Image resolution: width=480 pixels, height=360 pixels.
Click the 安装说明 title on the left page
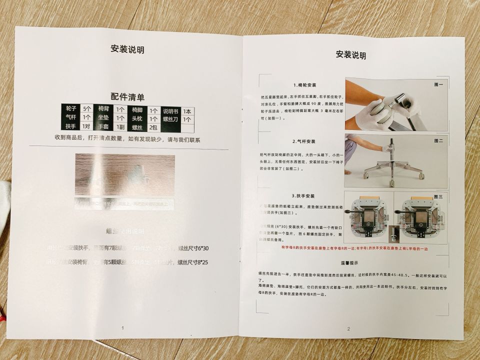tap(127, 49)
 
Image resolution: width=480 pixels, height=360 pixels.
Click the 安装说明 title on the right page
tap(350, 55)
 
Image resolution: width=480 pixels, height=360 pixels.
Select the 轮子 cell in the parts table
tap(71, 109)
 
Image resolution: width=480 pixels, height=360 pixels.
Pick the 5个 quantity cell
tap(87, 109)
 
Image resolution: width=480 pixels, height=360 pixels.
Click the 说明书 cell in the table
tap(170, 111)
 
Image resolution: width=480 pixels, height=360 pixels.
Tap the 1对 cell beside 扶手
tap(86, 126)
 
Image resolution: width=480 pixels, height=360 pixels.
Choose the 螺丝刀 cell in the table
tap(170, 119)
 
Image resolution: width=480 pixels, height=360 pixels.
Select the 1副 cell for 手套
tap(120, 127)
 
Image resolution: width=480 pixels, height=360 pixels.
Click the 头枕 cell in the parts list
tap(137, 119)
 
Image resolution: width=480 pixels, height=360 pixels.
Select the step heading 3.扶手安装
tap(303, 196)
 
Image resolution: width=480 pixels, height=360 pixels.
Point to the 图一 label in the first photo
tap(439, 85)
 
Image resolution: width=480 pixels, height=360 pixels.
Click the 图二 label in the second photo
tap(439, 141)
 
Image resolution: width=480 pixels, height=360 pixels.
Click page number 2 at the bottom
tap(348, 328)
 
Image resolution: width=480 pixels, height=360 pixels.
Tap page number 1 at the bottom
tap(122, 328)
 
